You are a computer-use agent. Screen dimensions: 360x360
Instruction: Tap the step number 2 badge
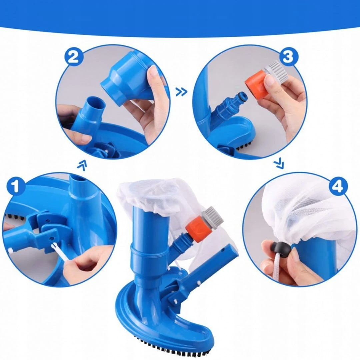pos(73,57)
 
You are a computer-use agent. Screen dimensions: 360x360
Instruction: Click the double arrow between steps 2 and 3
pos(181,92)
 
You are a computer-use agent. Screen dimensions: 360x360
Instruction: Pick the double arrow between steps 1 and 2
pos(82,165)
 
